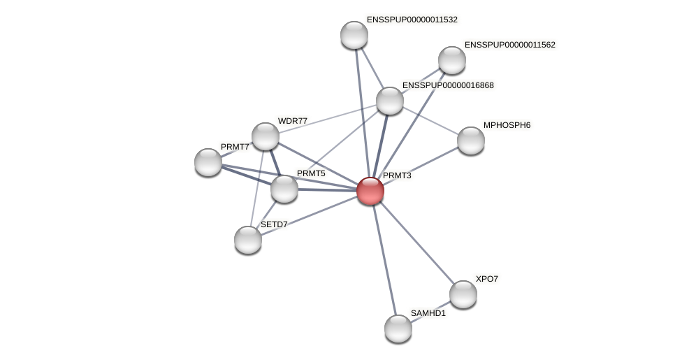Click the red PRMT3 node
[x=370, y=191]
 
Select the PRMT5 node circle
[x=284, y=189]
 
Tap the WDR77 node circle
[x=266, y=136]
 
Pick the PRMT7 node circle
[x=208, y=162]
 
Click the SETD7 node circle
[x=248, y=240]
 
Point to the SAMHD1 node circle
[x=398, y=329]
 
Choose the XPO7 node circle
[x=463, y=294]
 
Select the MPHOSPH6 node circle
[x=471, y=141]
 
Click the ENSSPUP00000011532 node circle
[x=354, y=35]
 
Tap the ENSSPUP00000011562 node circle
[x=452, y=60]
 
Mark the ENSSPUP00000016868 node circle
[x=390, y=101]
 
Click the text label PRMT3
[x=397, y=175]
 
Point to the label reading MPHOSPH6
[x=507, y=125]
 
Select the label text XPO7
[x=487, y=279]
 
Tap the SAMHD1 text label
[x=428, y=313]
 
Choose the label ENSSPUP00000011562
[x=509, y=45]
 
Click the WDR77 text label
[x=292, y=121]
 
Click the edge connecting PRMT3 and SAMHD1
[x=384, y=259]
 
